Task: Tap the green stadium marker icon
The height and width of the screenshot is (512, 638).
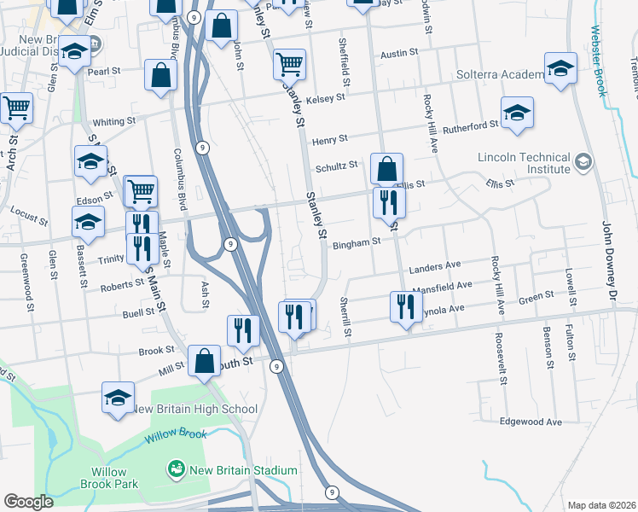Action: point(177,468)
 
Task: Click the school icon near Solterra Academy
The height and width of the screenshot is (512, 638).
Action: point(560,70)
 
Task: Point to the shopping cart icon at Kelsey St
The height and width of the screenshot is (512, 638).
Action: point(289,64)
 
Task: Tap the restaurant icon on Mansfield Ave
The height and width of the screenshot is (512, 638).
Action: point(406,306)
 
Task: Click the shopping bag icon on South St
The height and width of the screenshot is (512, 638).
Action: point(205,361)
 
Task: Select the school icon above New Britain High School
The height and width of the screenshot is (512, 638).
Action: point(119,397)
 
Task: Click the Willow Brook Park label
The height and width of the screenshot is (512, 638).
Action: point(113,478)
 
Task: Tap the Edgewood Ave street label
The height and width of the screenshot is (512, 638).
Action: point(531,422)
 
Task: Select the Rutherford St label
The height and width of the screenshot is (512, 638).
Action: point(470,125)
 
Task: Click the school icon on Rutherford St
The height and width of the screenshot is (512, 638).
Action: point(517,114)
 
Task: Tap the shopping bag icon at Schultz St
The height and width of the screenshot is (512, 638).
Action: point(386,168)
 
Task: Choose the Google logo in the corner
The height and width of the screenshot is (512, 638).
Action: point(29,502)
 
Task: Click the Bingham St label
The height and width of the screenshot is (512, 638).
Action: point(356,243)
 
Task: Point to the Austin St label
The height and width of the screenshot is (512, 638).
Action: point(399,53)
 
